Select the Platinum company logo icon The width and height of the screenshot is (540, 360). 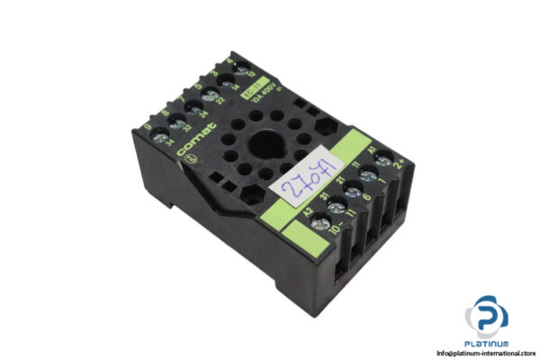tap(487, 318)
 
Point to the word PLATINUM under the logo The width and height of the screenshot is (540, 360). tap(487, 343)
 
